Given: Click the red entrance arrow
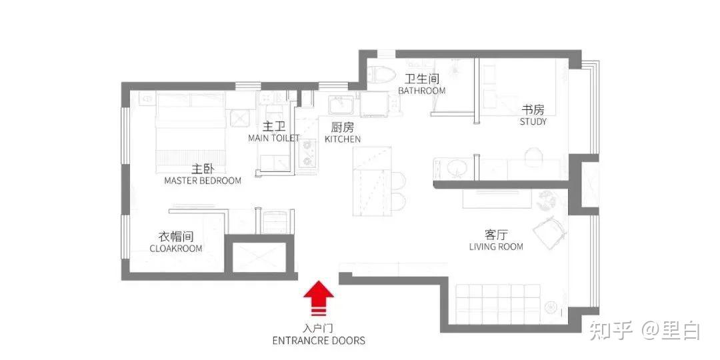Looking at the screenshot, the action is [319, 299].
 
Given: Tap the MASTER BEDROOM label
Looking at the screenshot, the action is [203, 181].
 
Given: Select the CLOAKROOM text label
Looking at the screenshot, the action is [176, 249].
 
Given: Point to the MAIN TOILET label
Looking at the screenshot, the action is [274, 138].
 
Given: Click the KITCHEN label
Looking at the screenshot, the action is [343, 139].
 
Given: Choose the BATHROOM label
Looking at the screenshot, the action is [421, 91].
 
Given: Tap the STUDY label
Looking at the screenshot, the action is [533, 122].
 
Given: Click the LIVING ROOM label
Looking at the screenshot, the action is [496, 247].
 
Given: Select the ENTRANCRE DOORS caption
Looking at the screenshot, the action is [319, 341].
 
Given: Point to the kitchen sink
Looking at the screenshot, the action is [342, 105].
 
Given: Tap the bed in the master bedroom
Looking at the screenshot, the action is [191, 128].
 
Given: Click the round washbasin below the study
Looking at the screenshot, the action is [456, 168].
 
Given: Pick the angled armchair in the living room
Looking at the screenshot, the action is [547, 230].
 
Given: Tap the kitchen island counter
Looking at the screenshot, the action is [372, 181].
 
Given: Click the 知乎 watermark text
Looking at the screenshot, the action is [611, 330].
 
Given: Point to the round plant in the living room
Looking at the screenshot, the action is [547, 199].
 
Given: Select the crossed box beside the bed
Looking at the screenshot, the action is [239, 119].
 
